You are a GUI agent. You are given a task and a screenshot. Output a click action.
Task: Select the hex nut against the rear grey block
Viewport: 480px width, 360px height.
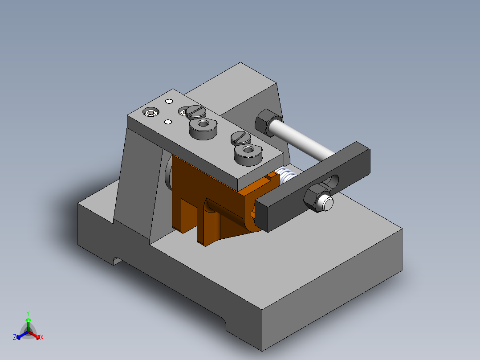click(266, 121)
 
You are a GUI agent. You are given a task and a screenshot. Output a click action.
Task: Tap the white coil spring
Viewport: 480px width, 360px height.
click(285, 175)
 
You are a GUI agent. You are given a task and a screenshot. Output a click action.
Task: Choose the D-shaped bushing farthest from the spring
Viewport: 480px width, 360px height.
click(203, 128)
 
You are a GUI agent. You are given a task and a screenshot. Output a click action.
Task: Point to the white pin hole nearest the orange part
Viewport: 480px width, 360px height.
click(168, 122)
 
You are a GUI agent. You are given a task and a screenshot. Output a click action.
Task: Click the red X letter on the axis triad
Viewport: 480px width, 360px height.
click(42, 338)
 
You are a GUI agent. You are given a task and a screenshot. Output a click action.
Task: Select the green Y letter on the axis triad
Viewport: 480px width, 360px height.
click(28, 313)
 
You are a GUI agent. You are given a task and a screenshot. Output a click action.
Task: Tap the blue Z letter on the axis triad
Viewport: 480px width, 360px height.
click(14, 338)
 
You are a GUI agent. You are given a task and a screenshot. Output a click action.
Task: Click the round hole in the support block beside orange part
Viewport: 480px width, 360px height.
click(168, 174)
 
